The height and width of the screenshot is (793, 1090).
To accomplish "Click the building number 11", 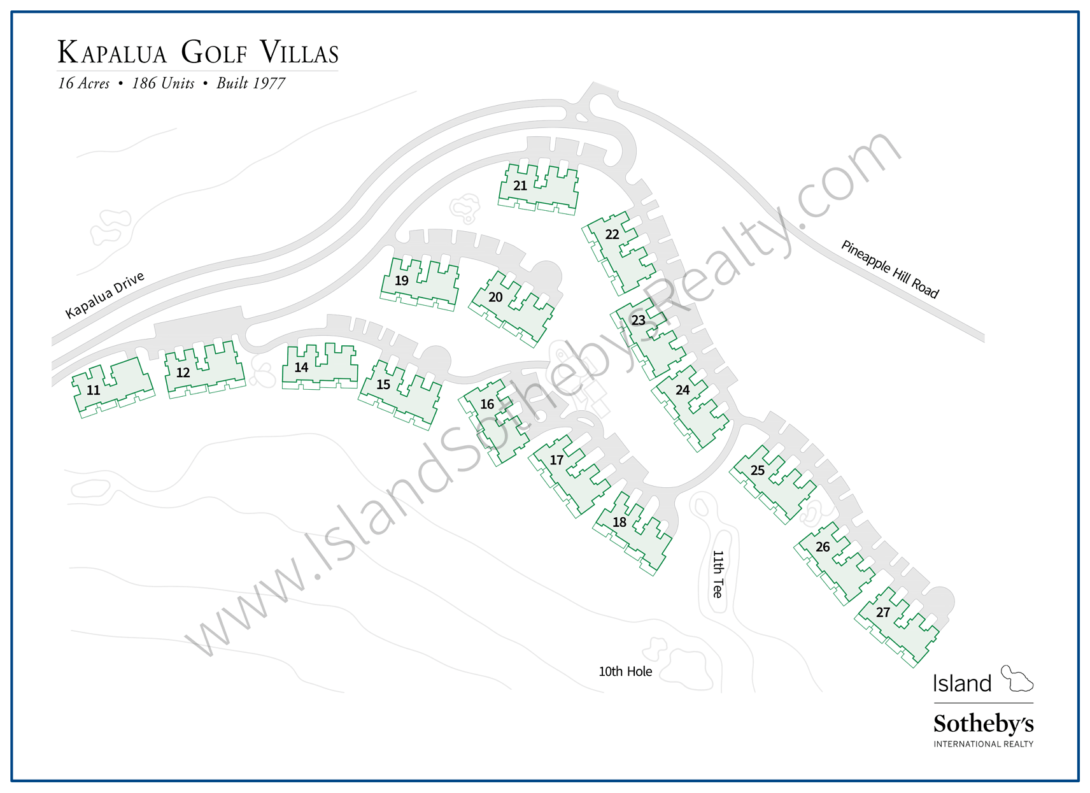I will point(94,390).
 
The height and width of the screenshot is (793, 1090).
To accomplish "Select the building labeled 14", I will point(301,368).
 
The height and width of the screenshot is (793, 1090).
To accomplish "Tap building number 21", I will point(520,186).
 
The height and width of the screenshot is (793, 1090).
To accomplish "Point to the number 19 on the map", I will point(402,281).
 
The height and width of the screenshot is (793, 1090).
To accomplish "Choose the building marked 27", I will point(883,613).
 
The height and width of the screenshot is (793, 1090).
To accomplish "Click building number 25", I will point(758,471).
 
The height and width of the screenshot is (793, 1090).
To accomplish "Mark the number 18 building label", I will point(619,522).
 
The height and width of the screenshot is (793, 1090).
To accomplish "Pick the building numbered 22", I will point(612,235).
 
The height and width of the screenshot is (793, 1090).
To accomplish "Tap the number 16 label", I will point(487,404).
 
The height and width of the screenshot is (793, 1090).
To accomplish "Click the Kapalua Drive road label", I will point(105,295).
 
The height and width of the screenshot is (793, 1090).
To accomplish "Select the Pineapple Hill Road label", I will point(889,269).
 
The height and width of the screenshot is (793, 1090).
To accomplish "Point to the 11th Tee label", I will point(718,574).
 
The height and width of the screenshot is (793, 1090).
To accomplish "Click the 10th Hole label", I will point(625,671).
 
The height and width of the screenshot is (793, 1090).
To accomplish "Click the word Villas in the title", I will point(299,53).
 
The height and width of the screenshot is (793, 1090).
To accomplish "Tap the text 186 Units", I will point(163,83).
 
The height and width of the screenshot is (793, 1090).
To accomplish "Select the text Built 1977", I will point(251,83).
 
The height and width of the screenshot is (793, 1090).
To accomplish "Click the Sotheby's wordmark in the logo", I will point(983,724).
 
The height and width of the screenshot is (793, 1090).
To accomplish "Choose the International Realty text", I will point(983,744).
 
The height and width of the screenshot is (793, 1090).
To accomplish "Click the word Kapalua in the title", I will point(112,53).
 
